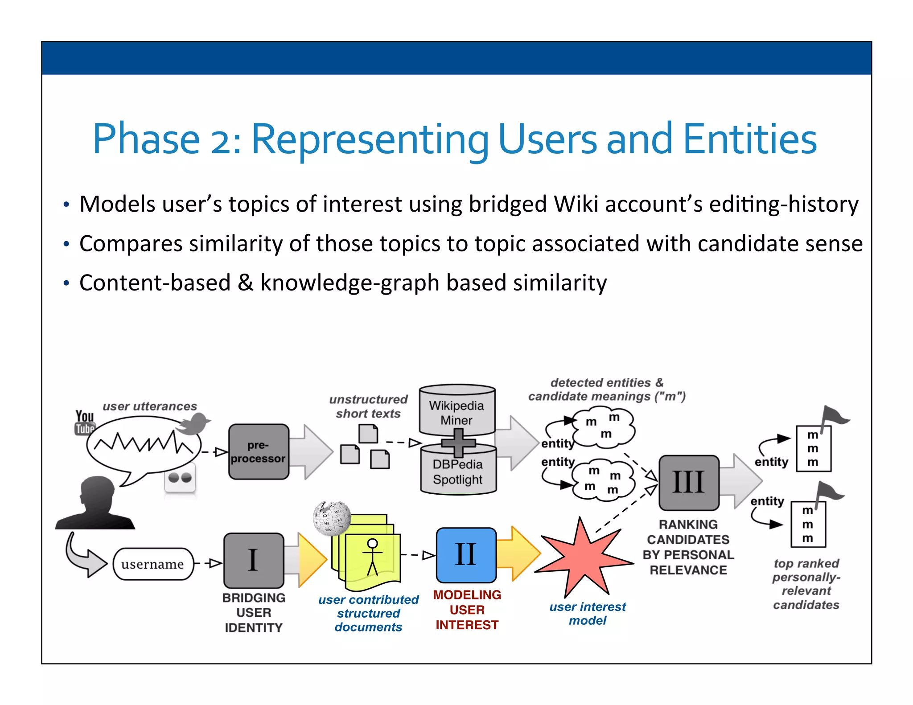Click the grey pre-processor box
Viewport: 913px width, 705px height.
pos(259,451)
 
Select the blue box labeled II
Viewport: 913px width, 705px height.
pos(466,555)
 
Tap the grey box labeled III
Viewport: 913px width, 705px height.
pos(688,482)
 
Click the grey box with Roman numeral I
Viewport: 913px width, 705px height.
pos(253,560)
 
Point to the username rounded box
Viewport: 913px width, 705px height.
pos(153,564)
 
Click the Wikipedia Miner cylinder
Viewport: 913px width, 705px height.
pos(457,410)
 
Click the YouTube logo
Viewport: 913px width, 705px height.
pos(84,422)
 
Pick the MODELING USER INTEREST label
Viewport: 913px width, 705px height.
pos(467,610)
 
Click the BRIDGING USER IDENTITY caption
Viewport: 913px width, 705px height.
pos(254,612)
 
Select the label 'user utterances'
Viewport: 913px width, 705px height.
pos(150,406)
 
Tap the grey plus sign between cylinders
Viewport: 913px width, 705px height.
pos(458,443)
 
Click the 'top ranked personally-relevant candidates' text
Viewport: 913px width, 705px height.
pos(806,584)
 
